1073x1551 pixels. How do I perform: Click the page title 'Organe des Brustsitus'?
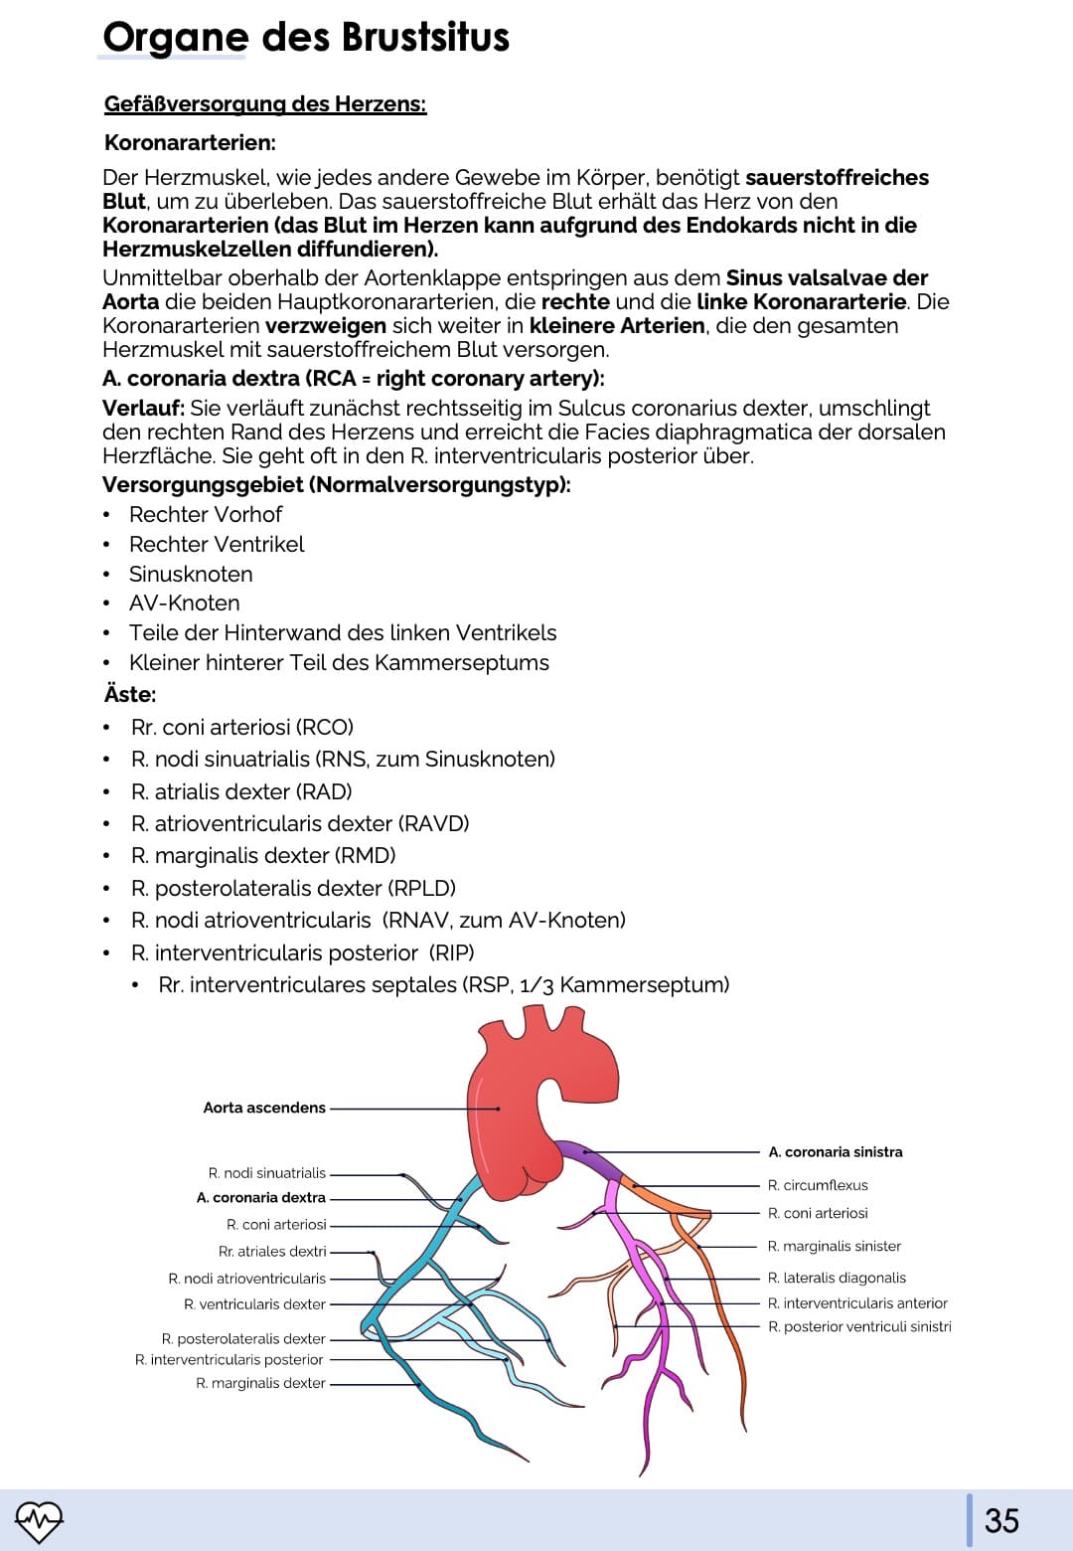tap(306, 38)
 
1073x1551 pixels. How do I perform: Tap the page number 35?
tap(1001, 1520)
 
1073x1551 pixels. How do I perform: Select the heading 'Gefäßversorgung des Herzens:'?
tap(265, 104)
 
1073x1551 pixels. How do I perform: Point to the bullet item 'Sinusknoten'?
tap(191, 574)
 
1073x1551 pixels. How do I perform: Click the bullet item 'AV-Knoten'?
tap(184, 603)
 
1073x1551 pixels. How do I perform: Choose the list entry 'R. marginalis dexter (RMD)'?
tap(263, 856)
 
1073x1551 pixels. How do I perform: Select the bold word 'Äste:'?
tap(130, 694)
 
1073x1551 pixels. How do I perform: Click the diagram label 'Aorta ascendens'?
tap(264, 1108)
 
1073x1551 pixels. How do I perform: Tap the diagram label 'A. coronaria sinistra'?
tap(836, 1152)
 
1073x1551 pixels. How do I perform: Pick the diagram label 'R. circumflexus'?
tap(818, 1185)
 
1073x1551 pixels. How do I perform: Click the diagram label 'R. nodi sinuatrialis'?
tap(267, 1173)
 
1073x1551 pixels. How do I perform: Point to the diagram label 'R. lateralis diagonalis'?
tap(837, 1278)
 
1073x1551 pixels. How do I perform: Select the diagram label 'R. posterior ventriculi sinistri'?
tap(859, 1326)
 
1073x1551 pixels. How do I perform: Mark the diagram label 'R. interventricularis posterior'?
tap(230, 1359)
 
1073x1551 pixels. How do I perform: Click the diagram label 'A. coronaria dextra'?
tap(261, 1198)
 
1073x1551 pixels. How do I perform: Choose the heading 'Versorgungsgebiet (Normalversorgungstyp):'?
tap(337, 485)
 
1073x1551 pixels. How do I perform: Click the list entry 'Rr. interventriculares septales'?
tap(443, 985)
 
